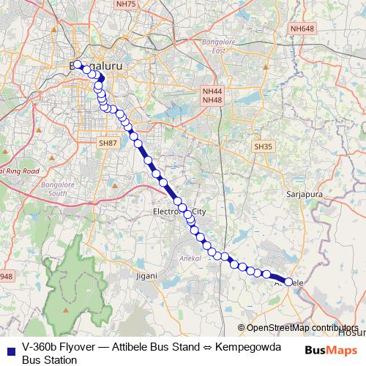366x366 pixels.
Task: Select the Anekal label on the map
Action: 189,258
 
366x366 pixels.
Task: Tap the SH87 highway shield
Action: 108,143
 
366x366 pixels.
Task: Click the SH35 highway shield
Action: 263,146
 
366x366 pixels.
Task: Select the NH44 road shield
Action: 212,91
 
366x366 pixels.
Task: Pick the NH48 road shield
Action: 212,100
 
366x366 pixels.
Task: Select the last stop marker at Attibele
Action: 289,282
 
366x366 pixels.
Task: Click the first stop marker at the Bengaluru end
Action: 78,64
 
